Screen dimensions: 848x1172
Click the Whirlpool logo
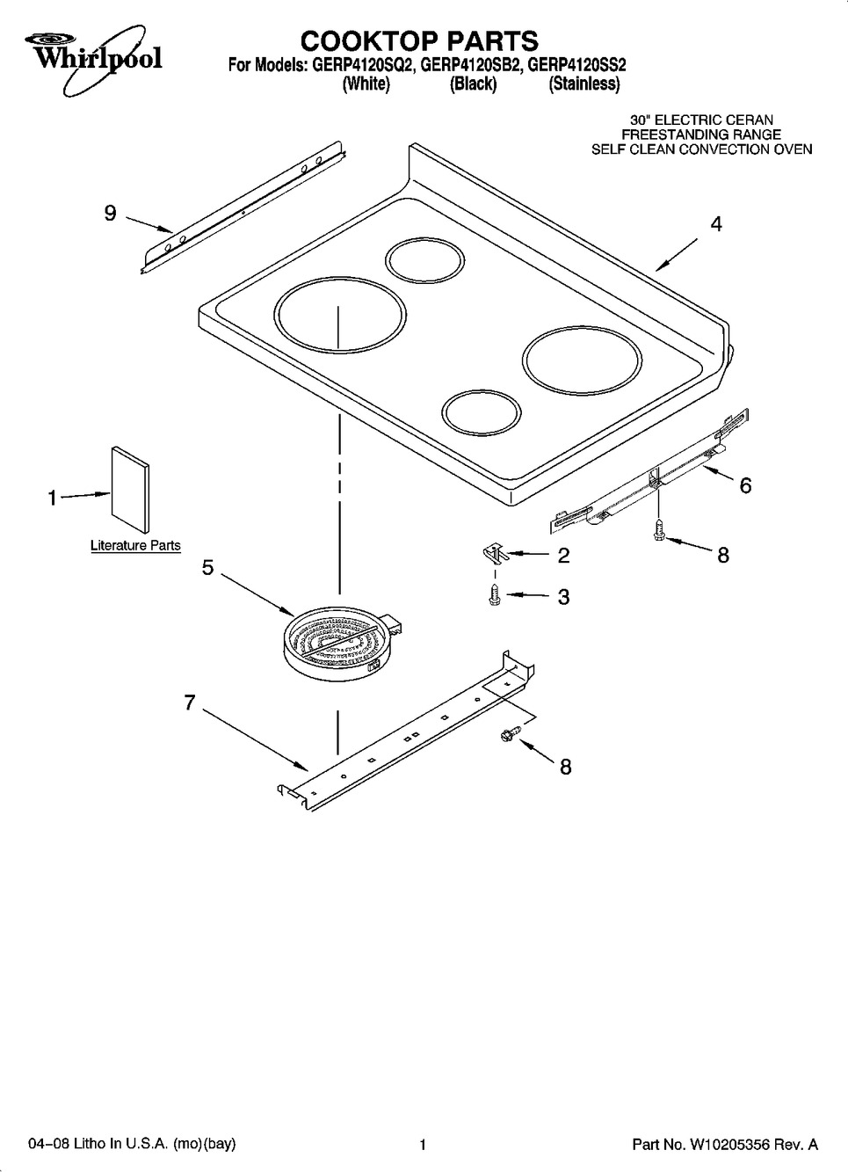[x=93, y=57]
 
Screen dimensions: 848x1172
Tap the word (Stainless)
[x=584, y=84]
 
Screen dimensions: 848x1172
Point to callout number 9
[x=111, y=214]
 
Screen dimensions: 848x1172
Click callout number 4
[x=715, y=224]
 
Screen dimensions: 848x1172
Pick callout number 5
[x=208, y=568]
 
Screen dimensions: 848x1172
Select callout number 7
[x=190, y=702]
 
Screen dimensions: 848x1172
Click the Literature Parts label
[x=135, y=546]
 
